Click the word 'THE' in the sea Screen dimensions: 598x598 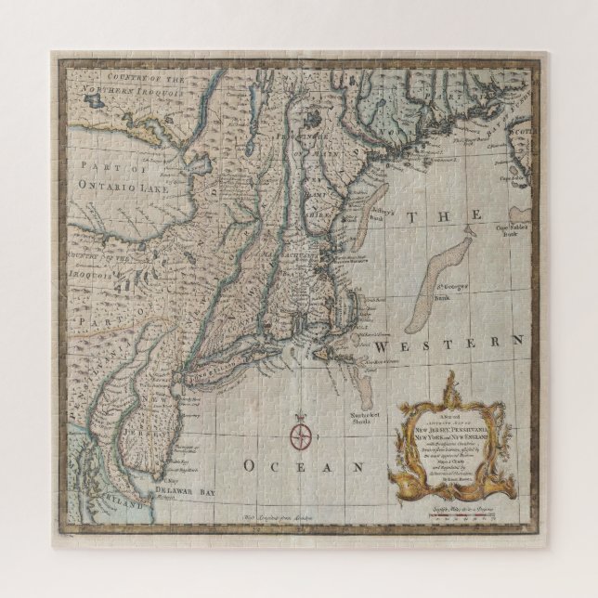click(x=454, y=215)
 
